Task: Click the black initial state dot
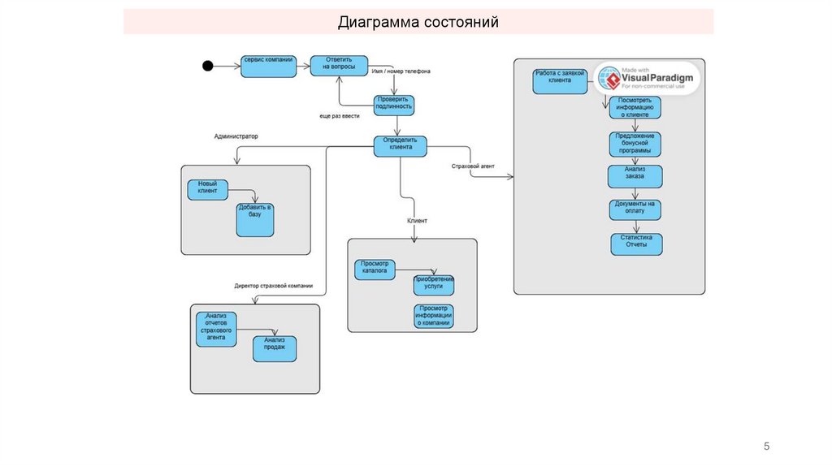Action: tap(207, 66)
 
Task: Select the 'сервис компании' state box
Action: tap(268, 67)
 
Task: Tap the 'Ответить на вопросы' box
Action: tap(339, 66)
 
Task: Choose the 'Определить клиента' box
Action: tap(400, 146)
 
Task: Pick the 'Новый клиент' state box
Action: tap(207, 189)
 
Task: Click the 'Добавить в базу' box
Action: tap(255, 219)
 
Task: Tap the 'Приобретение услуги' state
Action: tap(433, 285)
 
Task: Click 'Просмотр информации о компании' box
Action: tap(433, 316)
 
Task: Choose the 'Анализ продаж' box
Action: tap(275, 348)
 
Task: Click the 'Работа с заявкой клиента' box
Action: tap(560, 81)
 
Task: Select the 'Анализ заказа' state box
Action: tap(635, 176)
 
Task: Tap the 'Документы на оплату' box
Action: tap(635, 209)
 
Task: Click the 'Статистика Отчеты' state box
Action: tap(636, 244)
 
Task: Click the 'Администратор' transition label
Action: tap(236, 136)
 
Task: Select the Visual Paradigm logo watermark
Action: tap(648, 79)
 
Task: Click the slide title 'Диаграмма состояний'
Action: tap(418, 22)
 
